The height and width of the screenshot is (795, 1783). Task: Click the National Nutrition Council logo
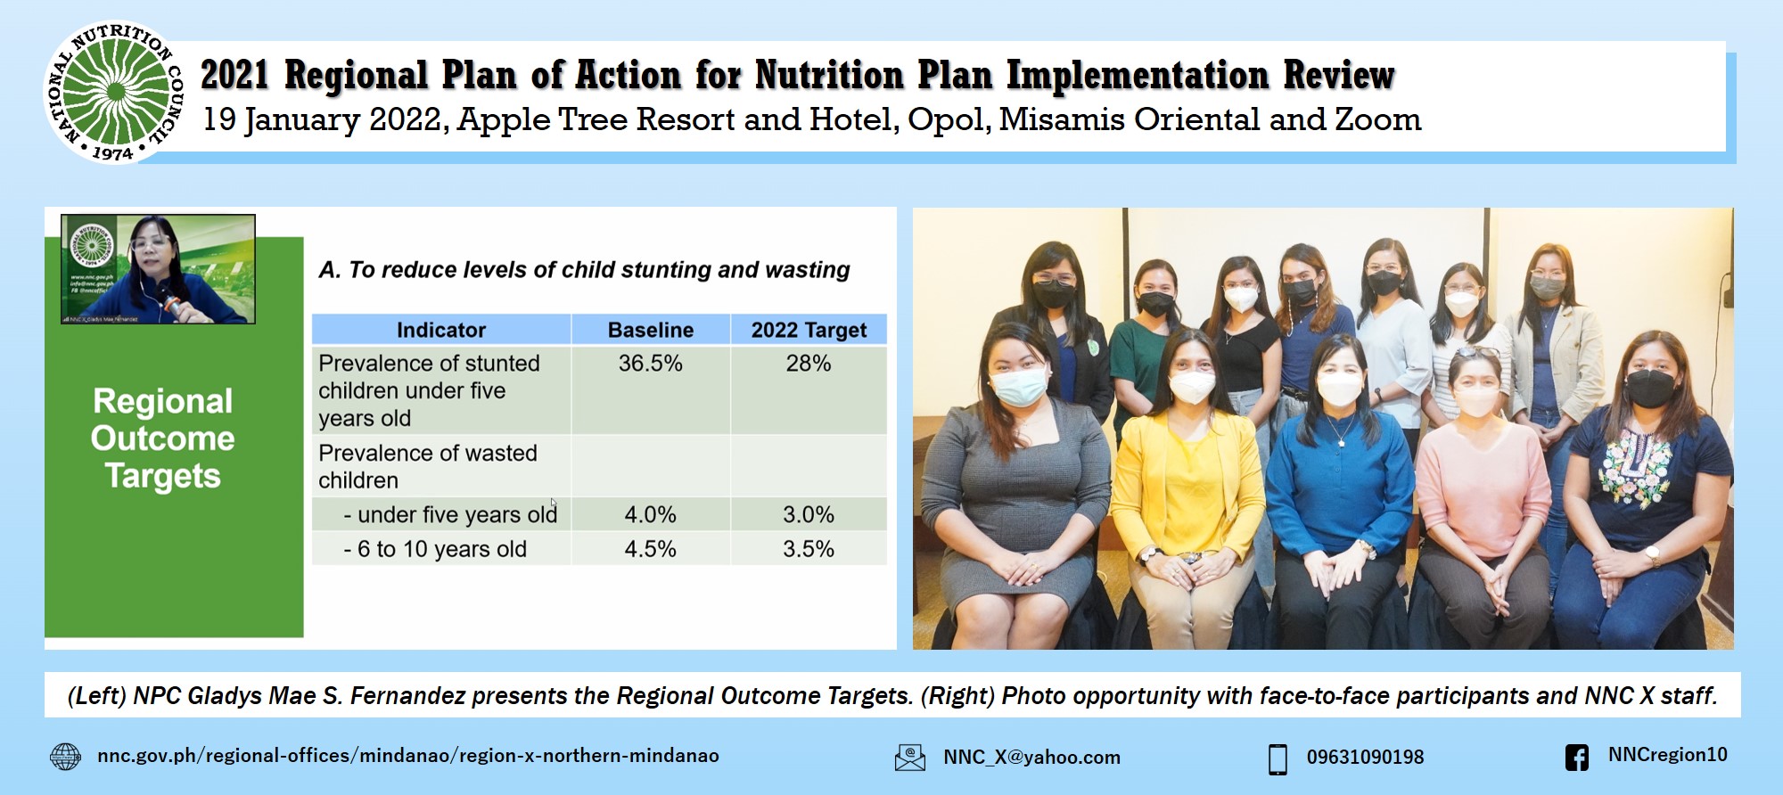114,93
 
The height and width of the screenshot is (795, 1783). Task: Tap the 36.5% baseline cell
650,364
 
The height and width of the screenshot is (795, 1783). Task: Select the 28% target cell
808,364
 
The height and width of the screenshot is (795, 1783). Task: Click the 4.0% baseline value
650,515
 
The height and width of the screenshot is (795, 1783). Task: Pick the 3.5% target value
808,549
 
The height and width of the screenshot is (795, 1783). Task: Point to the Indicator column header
441,330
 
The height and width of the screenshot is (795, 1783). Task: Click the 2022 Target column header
809,330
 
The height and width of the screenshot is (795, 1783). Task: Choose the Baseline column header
650,330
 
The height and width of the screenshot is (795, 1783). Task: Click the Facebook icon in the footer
1576,758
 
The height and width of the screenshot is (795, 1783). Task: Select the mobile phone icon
1278,758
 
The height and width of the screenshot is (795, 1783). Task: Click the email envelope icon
909,758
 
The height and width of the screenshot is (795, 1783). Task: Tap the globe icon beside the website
65,757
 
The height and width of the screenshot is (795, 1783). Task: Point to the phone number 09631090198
1365,758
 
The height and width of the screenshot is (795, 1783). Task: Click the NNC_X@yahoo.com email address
1031,758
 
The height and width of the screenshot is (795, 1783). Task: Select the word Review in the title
1338,76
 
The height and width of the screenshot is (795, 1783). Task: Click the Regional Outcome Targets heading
163,438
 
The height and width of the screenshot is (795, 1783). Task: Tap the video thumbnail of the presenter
158,269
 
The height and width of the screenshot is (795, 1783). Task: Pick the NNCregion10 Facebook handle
1667,755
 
